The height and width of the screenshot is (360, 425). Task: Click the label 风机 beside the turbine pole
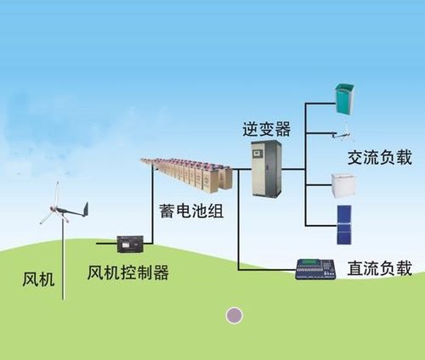(x=39, y=278)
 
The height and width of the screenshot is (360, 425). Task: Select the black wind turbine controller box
(x=130, y=245)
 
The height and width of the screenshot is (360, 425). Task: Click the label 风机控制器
(x=128, y=273)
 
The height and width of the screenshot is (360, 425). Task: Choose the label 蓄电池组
(x=191, y=211)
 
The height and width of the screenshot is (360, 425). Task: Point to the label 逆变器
(x=266, y=129)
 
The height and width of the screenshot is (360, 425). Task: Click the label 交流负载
(x=379, y=159)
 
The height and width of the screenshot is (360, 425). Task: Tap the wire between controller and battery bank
(x=152, y=212)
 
